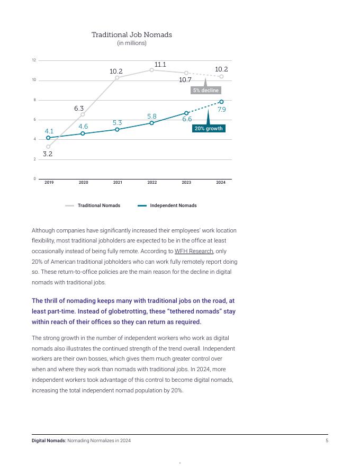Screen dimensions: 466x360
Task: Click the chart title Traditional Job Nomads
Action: (132, 34)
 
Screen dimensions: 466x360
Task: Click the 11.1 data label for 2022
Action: (160, 65)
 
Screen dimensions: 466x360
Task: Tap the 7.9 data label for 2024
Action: (222, 110)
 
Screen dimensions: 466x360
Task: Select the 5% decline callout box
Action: (205, 91)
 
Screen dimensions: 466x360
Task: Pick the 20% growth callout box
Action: (209, 129)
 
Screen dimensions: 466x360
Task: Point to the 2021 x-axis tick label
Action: (118, 183)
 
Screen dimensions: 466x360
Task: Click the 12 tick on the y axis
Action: (34, 60)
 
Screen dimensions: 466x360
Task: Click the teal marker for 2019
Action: (48, 138)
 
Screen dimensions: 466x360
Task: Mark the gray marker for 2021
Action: (117, 78)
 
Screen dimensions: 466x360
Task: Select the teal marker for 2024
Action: (221, 102)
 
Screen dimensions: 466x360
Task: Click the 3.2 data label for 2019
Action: (48, 154)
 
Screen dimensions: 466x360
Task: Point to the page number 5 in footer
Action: (327, 441)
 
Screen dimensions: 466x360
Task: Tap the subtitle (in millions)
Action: (132, 43)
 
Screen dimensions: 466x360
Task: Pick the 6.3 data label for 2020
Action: (79, 109)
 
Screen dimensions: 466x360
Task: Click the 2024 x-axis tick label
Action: (221, 183)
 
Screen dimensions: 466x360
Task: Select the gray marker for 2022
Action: (151, 70)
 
